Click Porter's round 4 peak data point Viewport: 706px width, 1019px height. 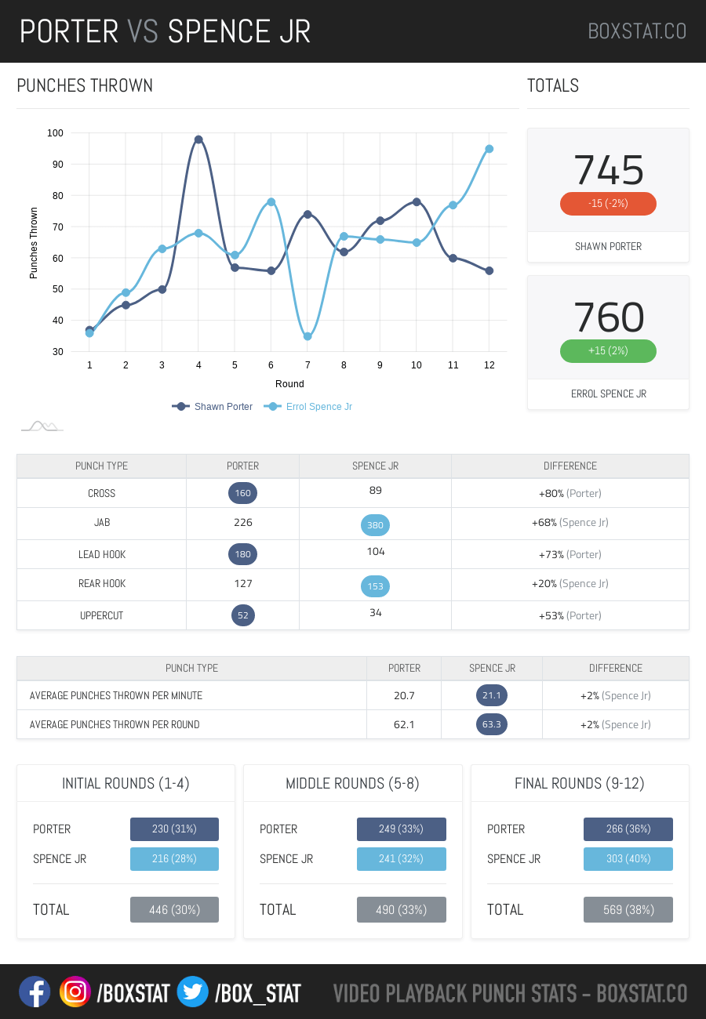(x=198, y=140)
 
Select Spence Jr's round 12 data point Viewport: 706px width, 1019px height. (x=489, y=149)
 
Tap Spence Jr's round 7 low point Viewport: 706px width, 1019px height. (x=308, y=336)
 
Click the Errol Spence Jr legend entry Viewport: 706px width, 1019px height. (x=308, y=407)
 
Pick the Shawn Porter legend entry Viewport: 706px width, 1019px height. (x=213, y=407)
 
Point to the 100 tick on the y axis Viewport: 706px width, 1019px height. (x=55, y=133)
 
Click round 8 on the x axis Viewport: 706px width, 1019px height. (x=344, y=365)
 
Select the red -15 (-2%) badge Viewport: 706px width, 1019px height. (x=608, y=204)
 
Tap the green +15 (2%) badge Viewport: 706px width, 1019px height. (x=608, y=351)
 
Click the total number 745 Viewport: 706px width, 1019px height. (x=609, y=170)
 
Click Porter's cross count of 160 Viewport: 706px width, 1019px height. (x=243, y=493)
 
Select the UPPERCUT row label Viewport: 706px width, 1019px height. (x=101, y=615)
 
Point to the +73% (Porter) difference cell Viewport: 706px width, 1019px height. (x=570, y=554)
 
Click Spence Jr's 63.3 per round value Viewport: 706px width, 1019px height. (x=492, y=724)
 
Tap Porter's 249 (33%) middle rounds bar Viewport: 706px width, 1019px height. (x=402, y=829)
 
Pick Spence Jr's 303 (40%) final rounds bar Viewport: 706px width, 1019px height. (x=628, y=859)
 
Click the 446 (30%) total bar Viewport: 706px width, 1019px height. (x=174, y=910)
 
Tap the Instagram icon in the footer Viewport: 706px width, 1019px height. (x=75, y=992)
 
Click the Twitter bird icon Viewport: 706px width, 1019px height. (x=192, y=992)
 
